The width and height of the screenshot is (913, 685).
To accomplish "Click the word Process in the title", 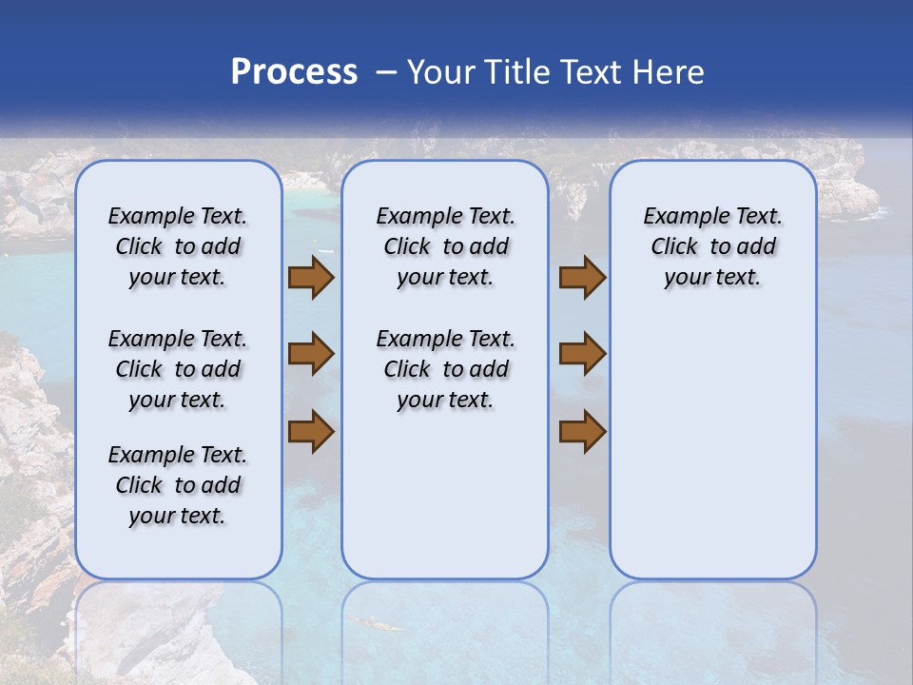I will pyautogui.click(x=294, y=72).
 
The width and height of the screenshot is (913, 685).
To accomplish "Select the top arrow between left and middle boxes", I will pyautogui.click(x=311, y=278).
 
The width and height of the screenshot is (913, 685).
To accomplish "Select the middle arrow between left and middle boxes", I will pyautogui.click(x=311, y=355).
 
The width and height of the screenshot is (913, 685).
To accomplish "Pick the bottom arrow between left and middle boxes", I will pyautogui.click(x=311, y=432).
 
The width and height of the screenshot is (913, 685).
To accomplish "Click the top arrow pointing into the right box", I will pyautogui.click(x=582, y=278).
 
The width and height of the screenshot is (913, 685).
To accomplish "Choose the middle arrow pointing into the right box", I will pyautogui.click(x=582, y=355).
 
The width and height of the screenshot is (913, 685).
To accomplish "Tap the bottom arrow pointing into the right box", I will pyautogui.click(x=582, y=432).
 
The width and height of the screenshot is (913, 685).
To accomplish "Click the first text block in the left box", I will pyautogui.click(x=178, y=246).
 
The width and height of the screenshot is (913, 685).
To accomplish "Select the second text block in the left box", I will pyautogui.click(x=178, y=369).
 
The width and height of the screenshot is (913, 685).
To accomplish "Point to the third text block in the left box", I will pyautogui.click(x=178, y=485).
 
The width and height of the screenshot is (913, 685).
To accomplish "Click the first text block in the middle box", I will pyautogui.click(x=445, y=246).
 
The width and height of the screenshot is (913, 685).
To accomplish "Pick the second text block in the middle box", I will pyautogui.click(x=445, y=369).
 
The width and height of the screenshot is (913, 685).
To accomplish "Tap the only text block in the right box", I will pyautogui.click(x=712, y=246).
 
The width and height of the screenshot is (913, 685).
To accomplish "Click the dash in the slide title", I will pyautogui.click(x=386, y=73).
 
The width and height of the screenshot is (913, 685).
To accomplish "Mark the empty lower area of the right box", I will pyautogui.click(x=712, y=457).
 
